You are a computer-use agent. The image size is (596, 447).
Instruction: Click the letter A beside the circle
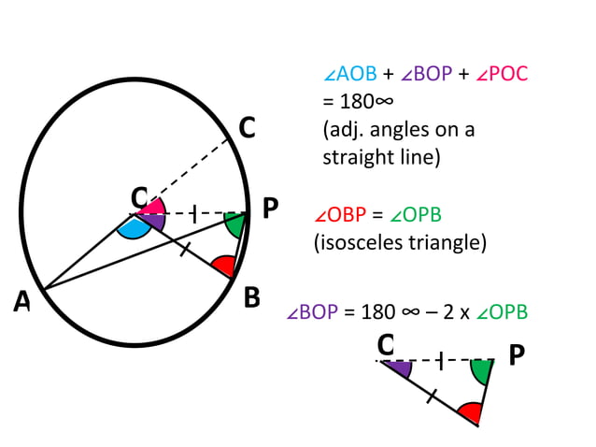pos(21,301)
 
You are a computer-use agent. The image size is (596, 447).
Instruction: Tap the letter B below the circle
pos(251,297)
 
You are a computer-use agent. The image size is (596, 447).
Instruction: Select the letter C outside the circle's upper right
pos(246,129)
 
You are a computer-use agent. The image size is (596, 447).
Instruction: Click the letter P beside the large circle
pos(271,208)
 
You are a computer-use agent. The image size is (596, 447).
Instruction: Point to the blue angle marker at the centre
pos(135,227)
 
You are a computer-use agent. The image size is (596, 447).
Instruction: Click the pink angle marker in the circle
pos(155,206)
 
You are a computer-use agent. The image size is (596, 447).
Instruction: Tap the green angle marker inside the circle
pos(235,224)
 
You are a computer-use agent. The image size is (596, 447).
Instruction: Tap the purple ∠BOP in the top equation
pos(428,75)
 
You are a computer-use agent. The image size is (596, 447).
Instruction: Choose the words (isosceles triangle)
pos(400,243)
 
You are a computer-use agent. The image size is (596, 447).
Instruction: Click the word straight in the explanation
pos(356,156)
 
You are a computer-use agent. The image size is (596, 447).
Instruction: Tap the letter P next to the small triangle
pos(516,355)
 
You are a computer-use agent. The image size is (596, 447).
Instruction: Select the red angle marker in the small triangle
pos(470,411)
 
